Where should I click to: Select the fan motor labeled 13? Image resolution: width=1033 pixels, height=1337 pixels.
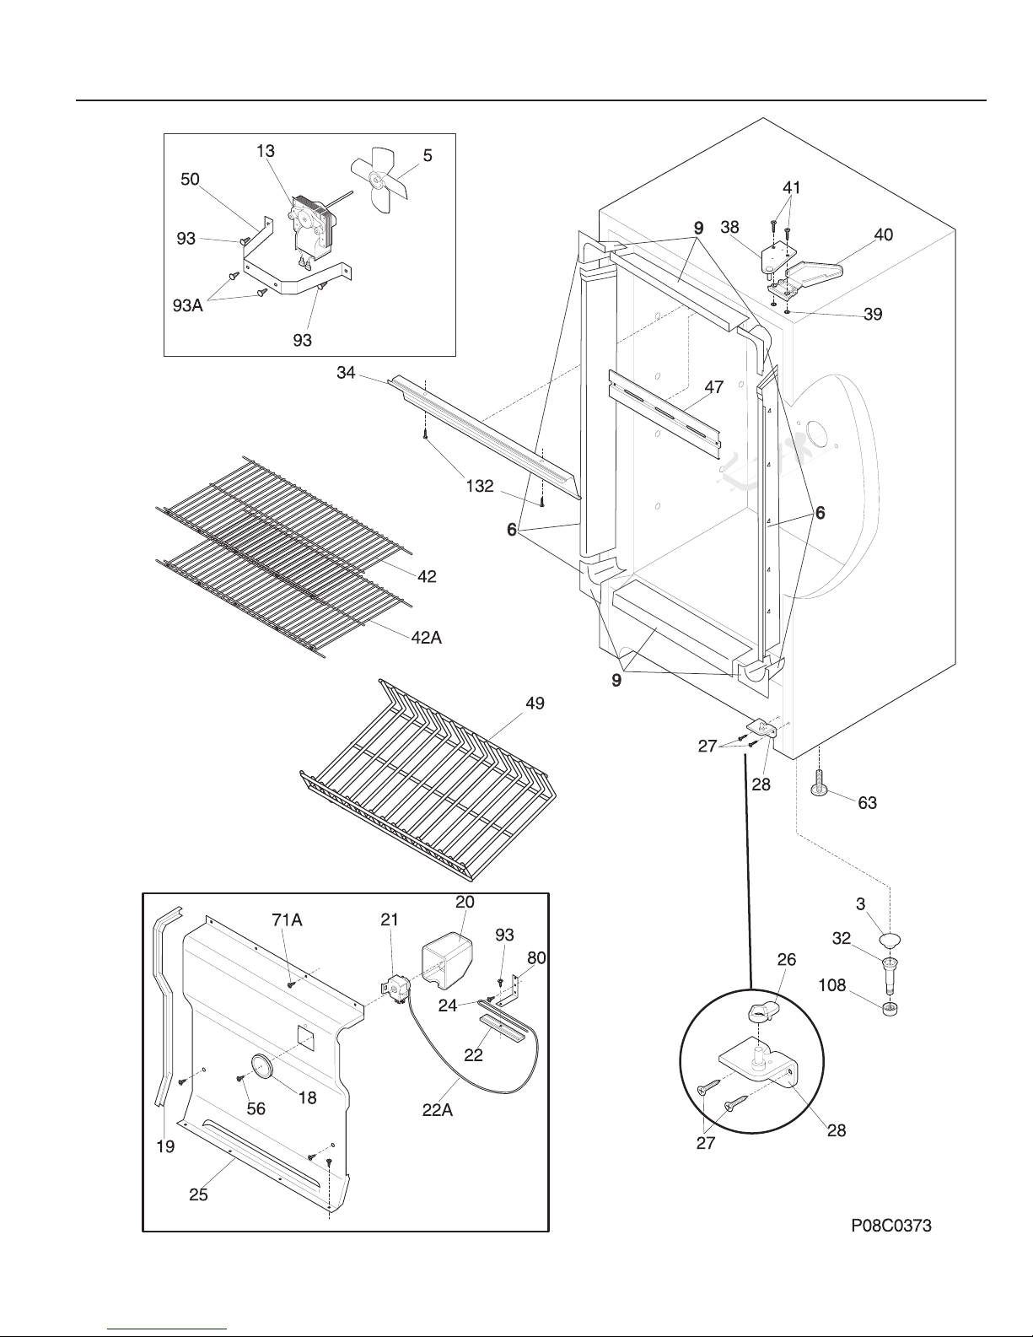[312, 229]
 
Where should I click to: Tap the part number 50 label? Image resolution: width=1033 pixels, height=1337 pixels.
[190, 179]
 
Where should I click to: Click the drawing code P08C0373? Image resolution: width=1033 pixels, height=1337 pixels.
[891, 1225]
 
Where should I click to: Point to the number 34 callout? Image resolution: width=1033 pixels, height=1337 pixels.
[347, 372]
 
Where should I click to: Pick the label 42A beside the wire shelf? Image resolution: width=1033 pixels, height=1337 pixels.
[427, 638]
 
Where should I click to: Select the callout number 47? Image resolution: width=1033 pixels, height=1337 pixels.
[714, 387]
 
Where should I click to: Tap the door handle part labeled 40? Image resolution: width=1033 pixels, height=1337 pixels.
[814, 274]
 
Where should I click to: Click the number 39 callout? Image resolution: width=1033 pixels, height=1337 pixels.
[873, 314]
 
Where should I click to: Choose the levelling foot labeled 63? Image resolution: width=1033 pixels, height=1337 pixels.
[819, 783]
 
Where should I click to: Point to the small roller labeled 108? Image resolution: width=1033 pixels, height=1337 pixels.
[890, 1008]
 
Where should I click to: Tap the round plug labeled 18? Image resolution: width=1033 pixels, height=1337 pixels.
[261, 1065]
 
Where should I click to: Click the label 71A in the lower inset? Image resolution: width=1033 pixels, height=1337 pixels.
[288, 919]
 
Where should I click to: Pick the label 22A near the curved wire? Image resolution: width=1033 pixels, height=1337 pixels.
[438, 1109]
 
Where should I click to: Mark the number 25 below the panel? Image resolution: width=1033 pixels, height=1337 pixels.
[199, 1194]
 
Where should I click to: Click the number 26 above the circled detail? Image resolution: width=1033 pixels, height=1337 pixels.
[787, 959]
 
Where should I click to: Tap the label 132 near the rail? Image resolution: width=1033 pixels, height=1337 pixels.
[480, 486]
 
